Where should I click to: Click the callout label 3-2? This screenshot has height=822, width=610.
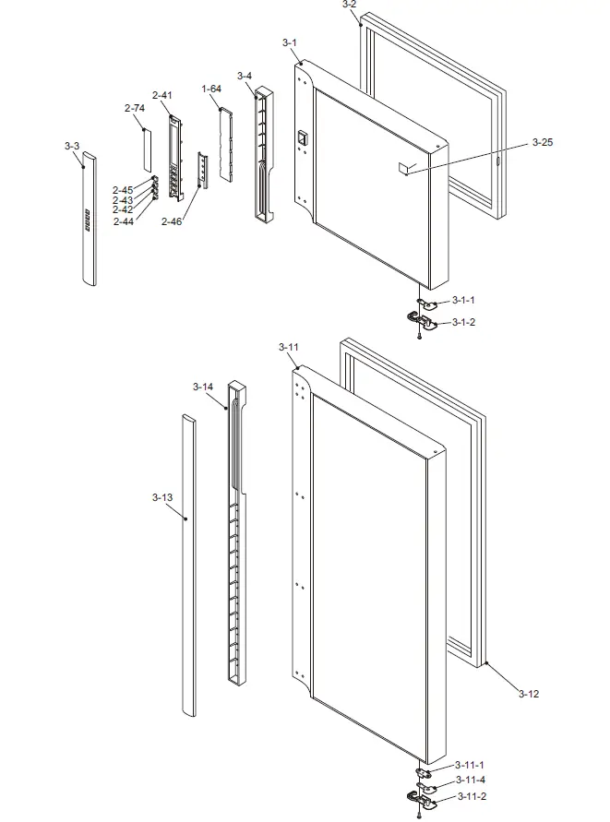pos(349,6)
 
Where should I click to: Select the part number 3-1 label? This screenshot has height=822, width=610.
pos(289,43)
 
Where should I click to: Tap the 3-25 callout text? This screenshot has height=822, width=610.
pos(544,143)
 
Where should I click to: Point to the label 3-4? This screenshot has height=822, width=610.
pos(245,76)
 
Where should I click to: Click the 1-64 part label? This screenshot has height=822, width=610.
pos(211,89)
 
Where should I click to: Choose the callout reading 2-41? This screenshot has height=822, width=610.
pos(161,96)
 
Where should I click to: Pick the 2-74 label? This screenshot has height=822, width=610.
pos(134,109)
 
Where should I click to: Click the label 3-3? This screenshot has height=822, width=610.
pos(72,146)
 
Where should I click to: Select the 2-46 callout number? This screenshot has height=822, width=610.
pos(171,221)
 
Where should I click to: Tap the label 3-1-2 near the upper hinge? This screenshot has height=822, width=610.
pos(463,322)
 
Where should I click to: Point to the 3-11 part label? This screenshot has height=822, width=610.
pos(289,347)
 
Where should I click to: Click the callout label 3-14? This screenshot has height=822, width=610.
pos(203,387)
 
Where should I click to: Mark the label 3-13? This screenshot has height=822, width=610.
pos(162,497)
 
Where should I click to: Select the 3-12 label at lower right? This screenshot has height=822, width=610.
pos(529,693)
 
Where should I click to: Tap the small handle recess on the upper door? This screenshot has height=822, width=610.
pos(300,139)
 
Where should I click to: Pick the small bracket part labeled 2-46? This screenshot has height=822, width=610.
pos(204,169)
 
